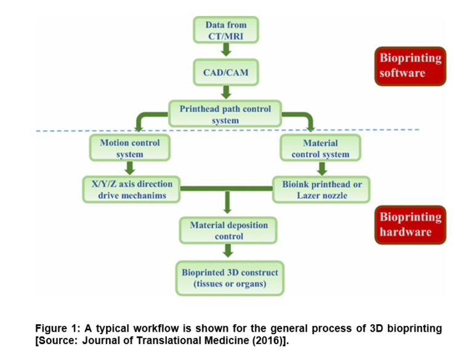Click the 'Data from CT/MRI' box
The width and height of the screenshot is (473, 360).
(x=226, y=30)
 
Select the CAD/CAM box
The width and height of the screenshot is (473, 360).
(x=226, y=73)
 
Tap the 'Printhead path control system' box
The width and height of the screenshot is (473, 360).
(x=225, y=114)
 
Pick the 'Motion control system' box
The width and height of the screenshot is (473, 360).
(x=130, y=148)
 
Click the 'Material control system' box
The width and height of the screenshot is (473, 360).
(x=320, y=148)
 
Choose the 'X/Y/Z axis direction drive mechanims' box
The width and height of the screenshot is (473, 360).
(x=132, y=190)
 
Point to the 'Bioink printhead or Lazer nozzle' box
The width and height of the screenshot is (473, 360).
(x=321, y=190)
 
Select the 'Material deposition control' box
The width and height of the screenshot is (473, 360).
(x=228, y=231)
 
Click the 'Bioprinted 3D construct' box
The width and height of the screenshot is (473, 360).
(x=230, y=278)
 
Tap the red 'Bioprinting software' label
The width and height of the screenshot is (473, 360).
(x=410, y=66)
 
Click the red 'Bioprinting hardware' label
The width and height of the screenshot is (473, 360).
(x=410, y=225)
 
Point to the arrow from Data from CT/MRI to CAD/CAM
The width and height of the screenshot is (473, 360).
(x=226, y=49)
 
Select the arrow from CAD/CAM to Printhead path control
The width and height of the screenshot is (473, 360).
(x=226, y=92)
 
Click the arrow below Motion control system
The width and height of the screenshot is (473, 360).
(x=130, y=168)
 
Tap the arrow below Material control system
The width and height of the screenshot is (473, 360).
(x=322, y=168)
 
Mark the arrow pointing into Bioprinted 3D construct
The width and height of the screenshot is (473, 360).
(x=228, y=251)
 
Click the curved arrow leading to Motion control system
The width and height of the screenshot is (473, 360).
(x=143, y=115)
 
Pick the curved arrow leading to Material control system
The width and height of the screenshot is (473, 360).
(x=307, y=115)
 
